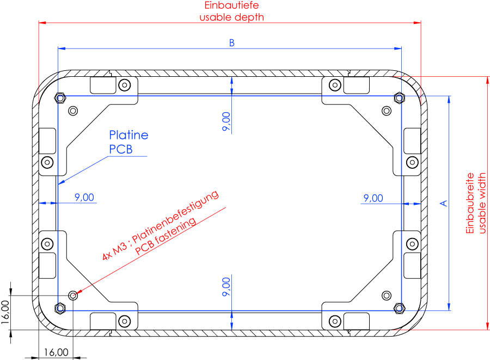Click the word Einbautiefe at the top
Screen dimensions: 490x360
tap(231, 5)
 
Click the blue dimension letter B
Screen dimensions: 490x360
tap(231, 43)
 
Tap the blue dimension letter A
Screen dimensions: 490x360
tap(443, 204)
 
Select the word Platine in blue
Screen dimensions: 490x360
tap(128, 135)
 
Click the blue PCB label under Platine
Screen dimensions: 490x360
tap(121, 149)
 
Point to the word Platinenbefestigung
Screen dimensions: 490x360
tap(175, 216)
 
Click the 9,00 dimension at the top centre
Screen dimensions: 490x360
tap(226, 121)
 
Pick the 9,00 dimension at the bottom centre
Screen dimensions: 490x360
tap(226, 287)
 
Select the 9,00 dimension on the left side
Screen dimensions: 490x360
tap(84, 198)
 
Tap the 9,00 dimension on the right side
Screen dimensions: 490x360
tap(373, 198)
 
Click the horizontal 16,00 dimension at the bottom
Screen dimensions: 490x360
tap(56, 352)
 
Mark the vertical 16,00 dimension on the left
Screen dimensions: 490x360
tap(5, 312)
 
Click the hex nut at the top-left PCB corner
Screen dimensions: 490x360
tap(60, 98)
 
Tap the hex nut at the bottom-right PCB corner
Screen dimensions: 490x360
tap(399, 308)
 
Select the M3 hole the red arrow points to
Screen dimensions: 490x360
tap(73, 295)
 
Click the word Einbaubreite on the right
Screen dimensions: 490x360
tap(470, 203)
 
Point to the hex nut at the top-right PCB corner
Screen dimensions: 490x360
tap(399, 98)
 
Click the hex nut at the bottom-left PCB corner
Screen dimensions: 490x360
tap(60, 308)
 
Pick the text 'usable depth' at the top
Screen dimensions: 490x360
tap(231, 17)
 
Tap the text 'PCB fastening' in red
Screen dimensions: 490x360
tap(166, 236)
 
